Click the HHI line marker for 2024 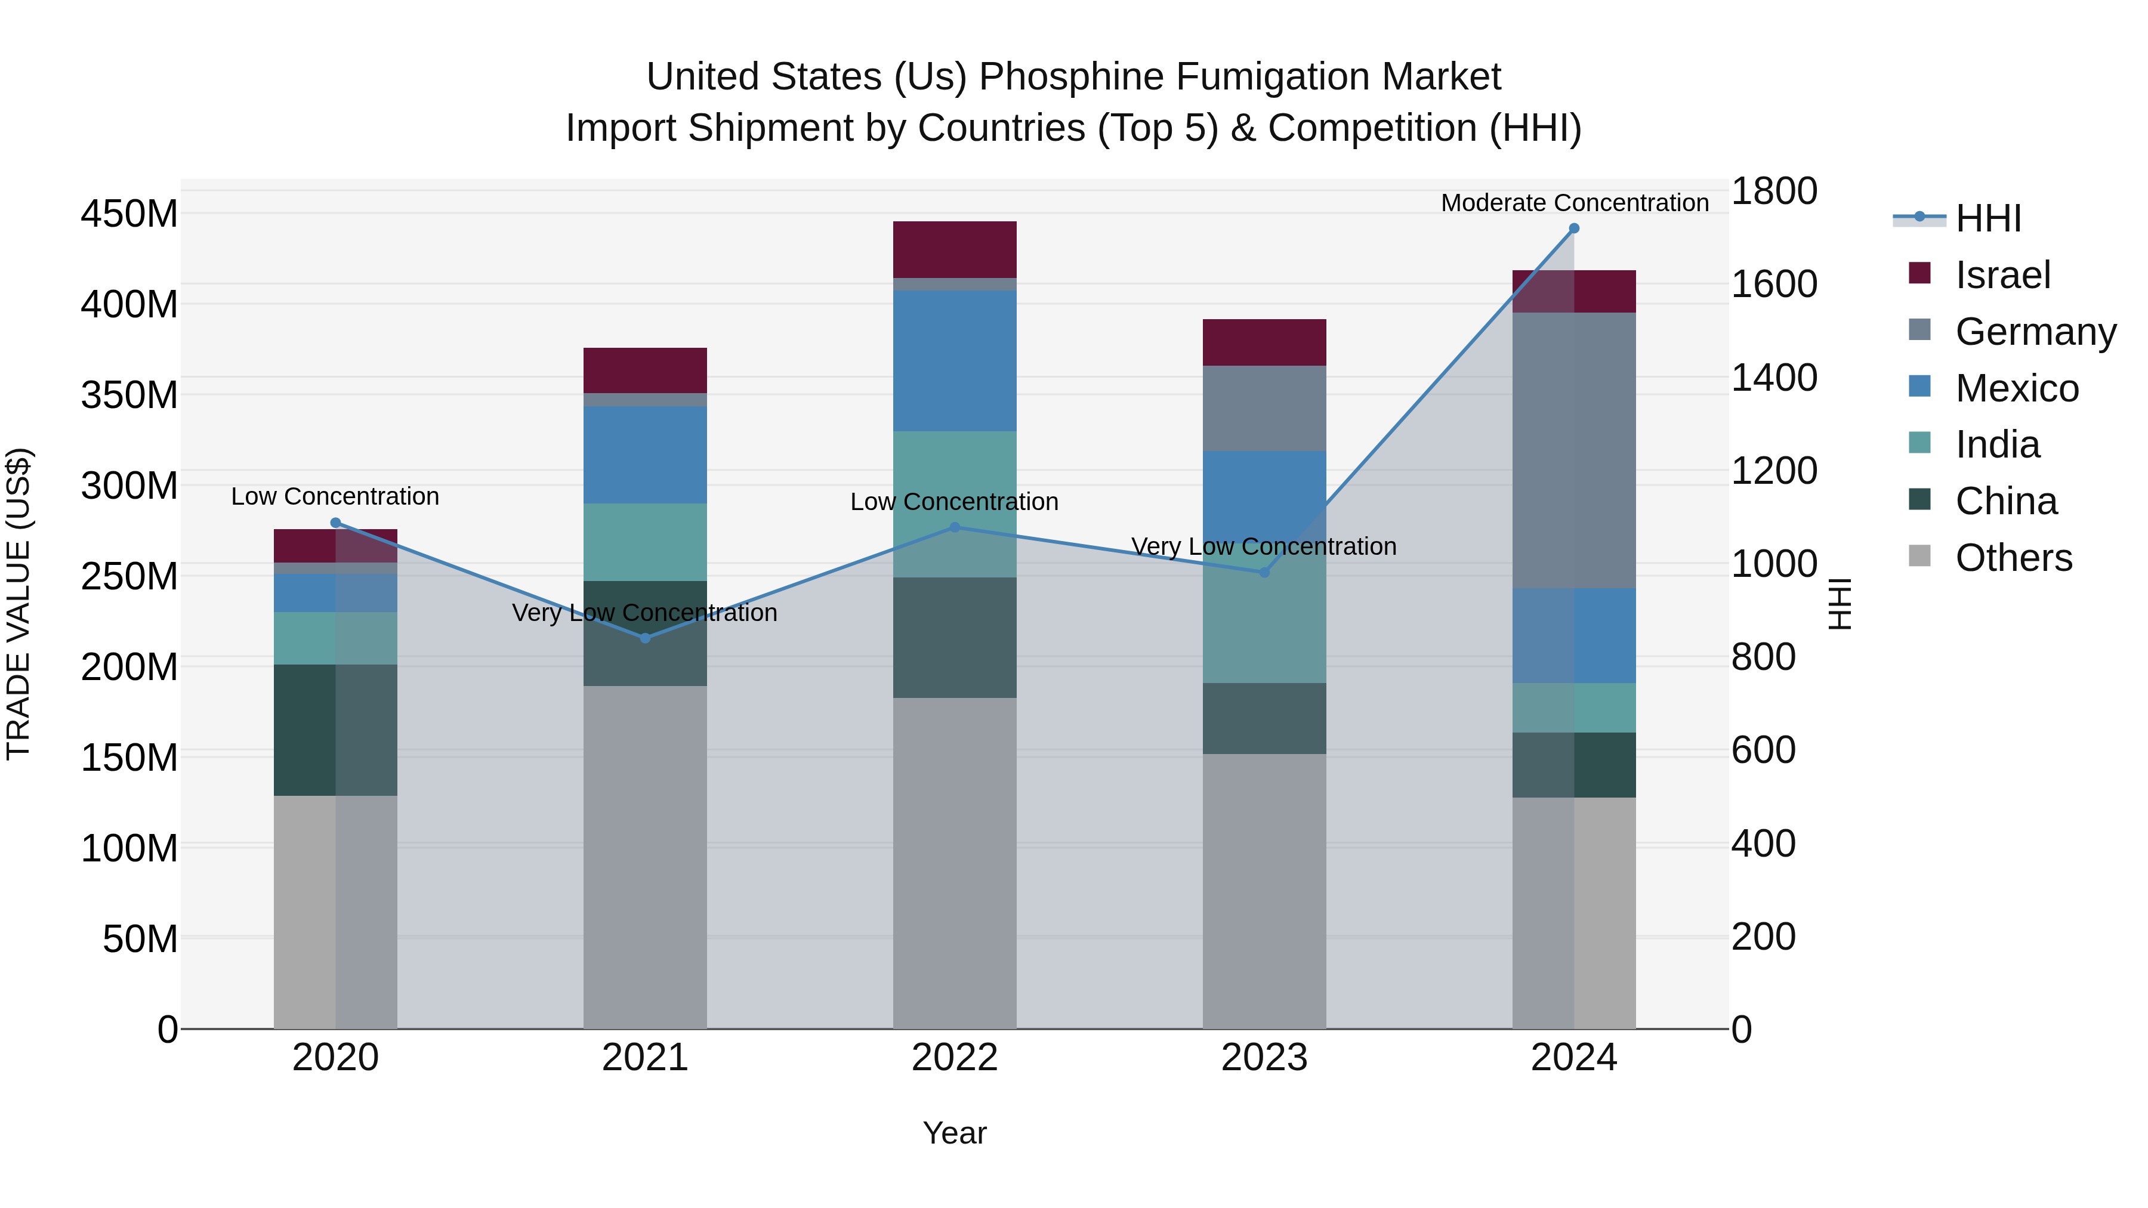coord(1573,228)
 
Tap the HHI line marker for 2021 coord(644,638)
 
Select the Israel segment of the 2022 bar coord(954,249)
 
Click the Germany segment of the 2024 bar coord(1573,450)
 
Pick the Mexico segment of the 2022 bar coord(954,360)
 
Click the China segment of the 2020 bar coord(335,730)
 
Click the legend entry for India coord(1996,444)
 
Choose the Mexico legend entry coord(2016,388)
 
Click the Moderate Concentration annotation coord(1573,203)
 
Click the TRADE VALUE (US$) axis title coord(18,604)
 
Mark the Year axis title coord(954,1133)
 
